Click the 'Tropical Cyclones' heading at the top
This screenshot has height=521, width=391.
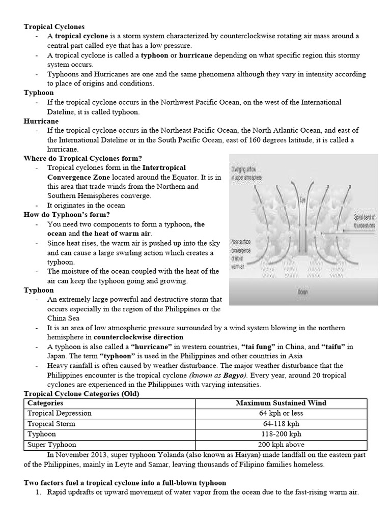point(54,26)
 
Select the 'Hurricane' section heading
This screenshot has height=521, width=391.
point(41,121)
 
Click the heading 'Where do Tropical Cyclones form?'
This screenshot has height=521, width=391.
point(83,158)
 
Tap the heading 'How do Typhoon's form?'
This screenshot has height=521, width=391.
point(67,214)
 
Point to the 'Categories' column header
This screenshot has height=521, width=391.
point(45,402)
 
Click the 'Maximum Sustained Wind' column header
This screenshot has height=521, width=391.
point(281,402)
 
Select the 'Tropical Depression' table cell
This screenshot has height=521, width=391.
point(60,413)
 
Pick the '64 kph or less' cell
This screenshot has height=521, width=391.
point(281,413)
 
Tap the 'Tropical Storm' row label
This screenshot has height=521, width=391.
point(51,423)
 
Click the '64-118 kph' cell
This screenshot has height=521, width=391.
point(281,423)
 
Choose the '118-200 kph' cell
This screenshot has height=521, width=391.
point(281,434)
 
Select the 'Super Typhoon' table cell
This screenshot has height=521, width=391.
point(51,444)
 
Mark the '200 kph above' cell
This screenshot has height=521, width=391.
point(281,444)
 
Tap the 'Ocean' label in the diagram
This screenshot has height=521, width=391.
point(303,293)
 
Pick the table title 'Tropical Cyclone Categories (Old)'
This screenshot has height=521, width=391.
point(81,393)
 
